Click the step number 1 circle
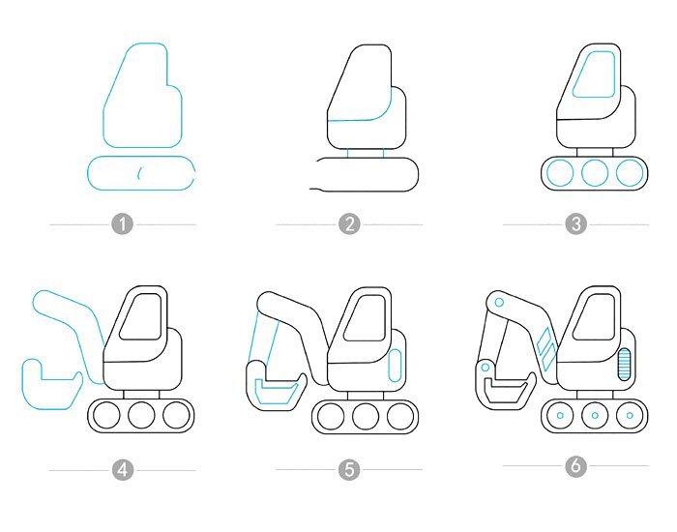click(x=123, y=224)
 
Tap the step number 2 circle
click(x=349, y=224)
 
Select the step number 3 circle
click(x=576, y=224)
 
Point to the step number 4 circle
click(x=123, y=470)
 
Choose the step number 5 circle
click(x=349, y=469)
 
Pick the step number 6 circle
click(x=576, y=466)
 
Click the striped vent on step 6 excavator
click(x=625, y=365)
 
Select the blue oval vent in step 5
click(x=395, y=366)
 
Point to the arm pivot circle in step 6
click(x=499, y=302)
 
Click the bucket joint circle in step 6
click(x=485, y=368)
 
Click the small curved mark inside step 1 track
click(x=139, y=173)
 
